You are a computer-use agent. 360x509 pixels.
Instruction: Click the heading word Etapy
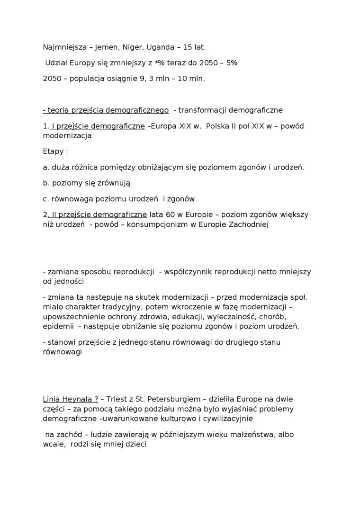point(53,152)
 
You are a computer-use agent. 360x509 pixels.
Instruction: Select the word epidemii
point(58,326)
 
